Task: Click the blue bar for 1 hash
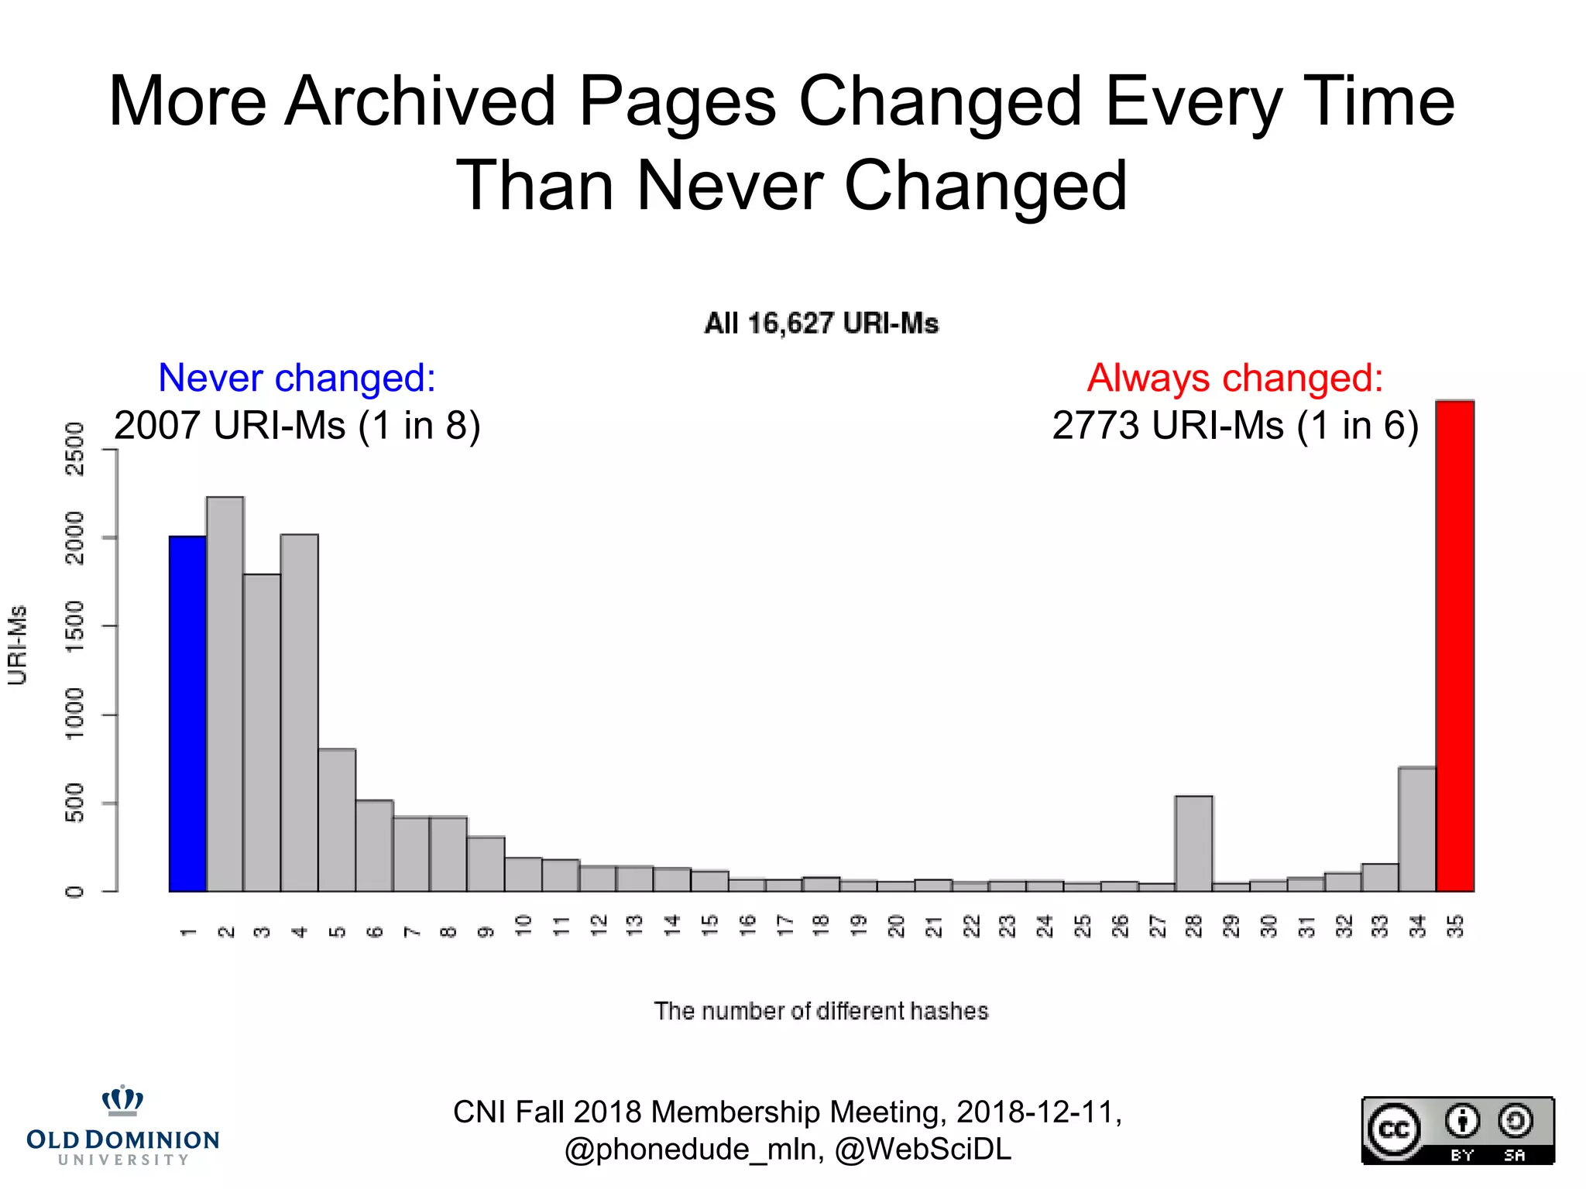(x=187, y=712)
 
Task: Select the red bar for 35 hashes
(x=1454, y=646)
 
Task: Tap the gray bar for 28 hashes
(x=1193, y=844)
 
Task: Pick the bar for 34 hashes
(x=1417, y=828)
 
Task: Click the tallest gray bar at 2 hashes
(x=225, y=693)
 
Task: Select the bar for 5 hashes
(x=337, y=821)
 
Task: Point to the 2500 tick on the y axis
(x=75, y=449)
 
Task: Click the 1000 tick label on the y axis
(x=75, y=714)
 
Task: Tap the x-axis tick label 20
(x=896, y=926)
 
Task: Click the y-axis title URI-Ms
(x=17, y=645)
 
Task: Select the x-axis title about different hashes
(x=821, y=1011)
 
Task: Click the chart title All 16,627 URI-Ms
(x=821, y=324)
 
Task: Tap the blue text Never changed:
(x=297, y=378)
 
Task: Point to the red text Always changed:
(x=1234, y=378)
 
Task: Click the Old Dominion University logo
(x=123, y=1126)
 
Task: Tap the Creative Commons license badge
(x=1457, y=1130)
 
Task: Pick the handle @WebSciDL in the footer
(x=923, y=1150)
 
